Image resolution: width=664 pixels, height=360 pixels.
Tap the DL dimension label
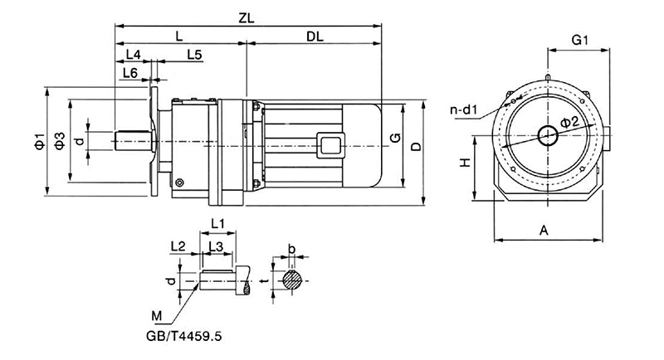pyautogui.click(x=315, y=36)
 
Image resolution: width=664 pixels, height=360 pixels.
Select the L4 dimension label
pyautogui.click(x=132, y=55)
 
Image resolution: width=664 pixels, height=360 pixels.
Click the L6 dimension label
pyautogui.click(x=129, y=73)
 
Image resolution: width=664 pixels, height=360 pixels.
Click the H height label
pyautogui.click(x=466, y=163)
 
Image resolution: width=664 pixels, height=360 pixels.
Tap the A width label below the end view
pyautogui.click(x=544, y=231)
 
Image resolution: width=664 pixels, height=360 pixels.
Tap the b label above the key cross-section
pyautogui.click(x=290, y=248)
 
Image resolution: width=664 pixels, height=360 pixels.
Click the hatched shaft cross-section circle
pyautogui.click(x=290, y=280)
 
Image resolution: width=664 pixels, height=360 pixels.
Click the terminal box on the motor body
pyautogui.click(x=334, y=144)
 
